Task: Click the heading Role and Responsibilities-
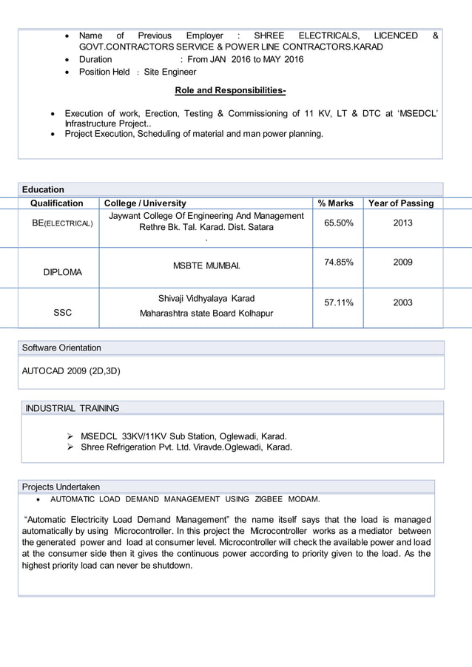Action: [x=230, y=90]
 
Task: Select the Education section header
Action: [x=43, y=189]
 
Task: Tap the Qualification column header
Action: [x=57, y=203]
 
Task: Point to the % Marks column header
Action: [x=335, y=203]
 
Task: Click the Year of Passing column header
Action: [x=400, y=203]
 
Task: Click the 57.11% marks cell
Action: [x=338, y=302]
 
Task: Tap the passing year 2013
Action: [x=402, y=223]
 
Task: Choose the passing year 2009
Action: [x=402, y=262]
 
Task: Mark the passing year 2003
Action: [x=402, y=302]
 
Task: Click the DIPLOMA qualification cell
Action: [x=63, y=272]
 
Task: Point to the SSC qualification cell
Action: [x=63, y=313]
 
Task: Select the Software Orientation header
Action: [x=61, y=348]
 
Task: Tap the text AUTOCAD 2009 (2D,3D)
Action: [x=71, y=371]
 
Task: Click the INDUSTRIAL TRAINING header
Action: [x=73, y=408]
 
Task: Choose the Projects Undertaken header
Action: [x=61, y=487]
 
